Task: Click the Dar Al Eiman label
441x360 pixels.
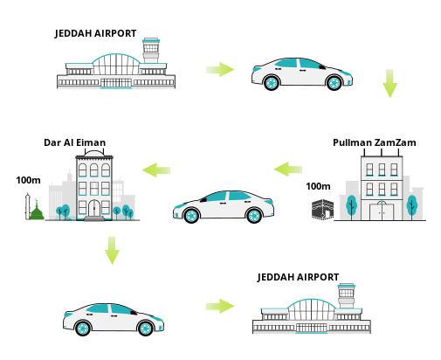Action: pyautogui.click(x=74, y=142)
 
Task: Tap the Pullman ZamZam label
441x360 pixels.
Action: pyautogui.click(x=375, y=142)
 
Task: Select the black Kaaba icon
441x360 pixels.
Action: pyautogui.click(x=322, y=209)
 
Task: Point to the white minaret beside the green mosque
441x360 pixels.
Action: pyautogui.click(x=28, y=206)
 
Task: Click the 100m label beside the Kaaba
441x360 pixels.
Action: pyautogui.click(x=318, y=186)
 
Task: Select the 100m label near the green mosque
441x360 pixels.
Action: pyautogui.click(x=28, y=180)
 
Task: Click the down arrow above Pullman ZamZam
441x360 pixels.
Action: pyautogui.click(x=389, y=83)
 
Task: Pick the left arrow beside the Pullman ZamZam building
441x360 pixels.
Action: pyautogui.click(x=288, y=170)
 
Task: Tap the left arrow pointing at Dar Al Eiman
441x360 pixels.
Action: pyautogui.click(x=156, y=170)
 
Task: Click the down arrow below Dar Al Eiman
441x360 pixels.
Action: pyautogui.click(x=112, y=250)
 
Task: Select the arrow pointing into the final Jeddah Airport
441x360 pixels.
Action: pyautogui.click(x=220, y=306)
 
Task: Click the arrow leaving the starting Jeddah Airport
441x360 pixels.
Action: pyautogui.click(x=220, y=70)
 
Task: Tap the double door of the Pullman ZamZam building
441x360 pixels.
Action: pyautogui.click(x=382, y=211)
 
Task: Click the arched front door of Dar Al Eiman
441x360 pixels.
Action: pyautogui.click(x=94, y=208)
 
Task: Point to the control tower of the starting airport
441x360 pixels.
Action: pyautogui.click(x=151, y=50)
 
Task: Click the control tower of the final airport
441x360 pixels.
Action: pyautogui.click(x=346, y=295)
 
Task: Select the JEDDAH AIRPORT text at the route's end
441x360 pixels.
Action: pyautogui.click(x=298, y=277)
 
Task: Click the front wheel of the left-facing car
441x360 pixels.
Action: pyautogui.click(x=191, y=216)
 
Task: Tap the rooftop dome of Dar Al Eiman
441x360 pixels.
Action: pyautogui.click(x=94, y=153)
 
